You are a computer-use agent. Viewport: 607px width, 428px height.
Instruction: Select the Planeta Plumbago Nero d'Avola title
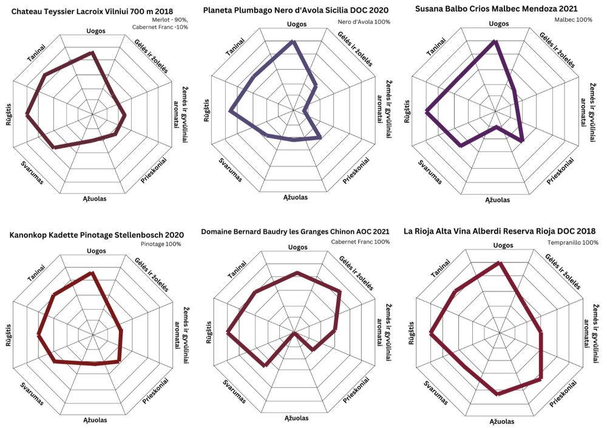click(x=296, y=10)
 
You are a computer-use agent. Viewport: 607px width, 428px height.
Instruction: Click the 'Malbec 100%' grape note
click(x=573, y=20)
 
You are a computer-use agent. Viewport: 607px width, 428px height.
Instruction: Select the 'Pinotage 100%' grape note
click(x=161, y=244)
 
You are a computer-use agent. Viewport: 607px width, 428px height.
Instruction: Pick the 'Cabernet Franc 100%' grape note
click(x=360, y=242)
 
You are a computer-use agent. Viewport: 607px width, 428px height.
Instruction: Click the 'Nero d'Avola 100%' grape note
click(x=364, y=22)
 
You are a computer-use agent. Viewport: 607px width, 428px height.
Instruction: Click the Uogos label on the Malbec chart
click(x=498, y=24)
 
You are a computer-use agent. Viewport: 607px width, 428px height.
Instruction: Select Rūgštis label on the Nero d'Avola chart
click(x=207, y=111)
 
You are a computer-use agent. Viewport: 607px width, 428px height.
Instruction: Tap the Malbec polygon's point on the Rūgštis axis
click(x=427, y=112)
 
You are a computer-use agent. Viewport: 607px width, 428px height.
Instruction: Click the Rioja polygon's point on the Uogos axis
click(x=499, y=263)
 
